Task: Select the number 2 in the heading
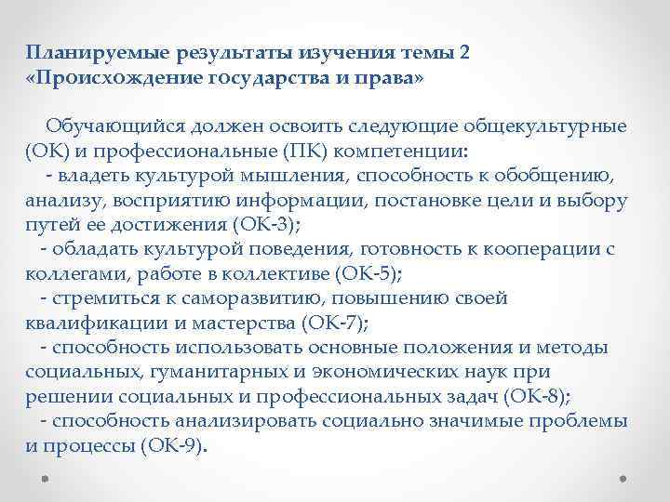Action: coord(464,53)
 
